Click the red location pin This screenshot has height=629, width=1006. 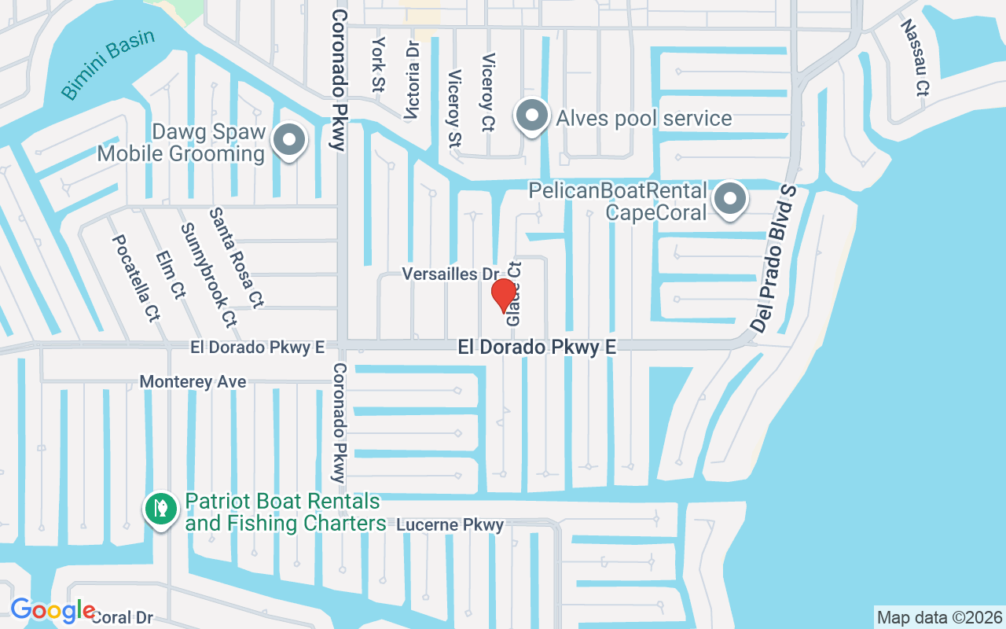pos(503,296)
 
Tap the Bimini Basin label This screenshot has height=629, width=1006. pos(108,64)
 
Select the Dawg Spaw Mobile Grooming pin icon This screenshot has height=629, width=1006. pos(289,142)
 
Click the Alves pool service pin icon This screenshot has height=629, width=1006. pos(532,116)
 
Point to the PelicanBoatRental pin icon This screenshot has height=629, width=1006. pos(730,199)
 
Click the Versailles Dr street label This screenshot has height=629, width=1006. pos(450,274)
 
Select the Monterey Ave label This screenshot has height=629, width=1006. pos(193,382)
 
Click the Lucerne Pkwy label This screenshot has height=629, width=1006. pos(450,524)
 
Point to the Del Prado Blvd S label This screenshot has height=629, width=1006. pos(773,259)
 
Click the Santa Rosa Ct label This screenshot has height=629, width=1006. pos(236,257)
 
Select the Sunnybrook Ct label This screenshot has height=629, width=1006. pos(208,274)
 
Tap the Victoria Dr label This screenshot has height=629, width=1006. pos(413,79)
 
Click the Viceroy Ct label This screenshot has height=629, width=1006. pos(488,91)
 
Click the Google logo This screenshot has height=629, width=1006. pos(53,610)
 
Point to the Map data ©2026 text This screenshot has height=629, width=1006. pos(939,617)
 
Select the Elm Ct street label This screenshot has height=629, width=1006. pos(171,274)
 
